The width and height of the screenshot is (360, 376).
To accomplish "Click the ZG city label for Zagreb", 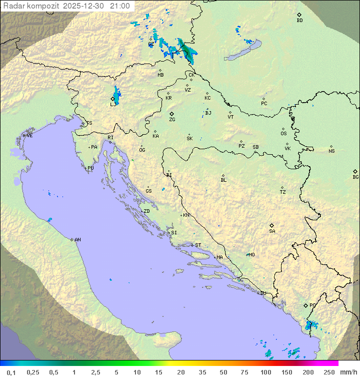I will point(172,120).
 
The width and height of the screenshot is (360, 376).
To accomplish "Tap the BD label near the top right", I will point(299,21).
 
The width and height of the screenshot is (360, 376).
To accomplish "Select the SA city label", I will point(272,231).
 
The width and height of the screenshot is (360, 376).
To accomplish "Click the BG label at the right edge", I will point(355,177).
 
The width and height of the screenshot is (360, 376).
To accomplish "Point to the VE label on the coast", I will point(29,136).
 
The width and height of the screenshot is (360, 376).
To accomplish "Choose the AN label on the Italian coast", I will point(77,240).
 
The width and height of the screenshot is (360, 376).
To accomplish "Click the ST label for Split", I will point(198,245).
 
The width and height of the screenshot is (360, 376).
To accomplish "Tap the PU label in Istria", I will point(90,168).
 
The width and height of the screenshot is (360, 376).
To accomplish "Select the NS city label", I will point(331,151).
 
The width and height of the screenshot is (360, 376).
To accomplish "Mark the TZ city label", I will point(282,192).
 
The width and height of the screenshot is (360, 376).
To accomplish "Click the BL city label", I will point(223,180).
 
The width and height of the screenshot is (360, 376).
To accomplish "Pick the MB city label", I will point(160,75).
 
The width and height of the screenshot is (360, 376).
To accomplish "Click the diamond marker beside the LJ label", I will point(112,99).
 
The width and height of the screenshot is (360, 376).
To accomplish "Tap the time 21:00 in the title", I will point(120,6).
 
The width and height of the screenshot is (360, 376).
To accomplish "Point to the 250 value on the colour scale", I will point(329,372).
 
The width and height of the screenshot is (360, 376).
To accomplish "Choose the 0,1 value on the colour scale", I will point(11,372).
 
